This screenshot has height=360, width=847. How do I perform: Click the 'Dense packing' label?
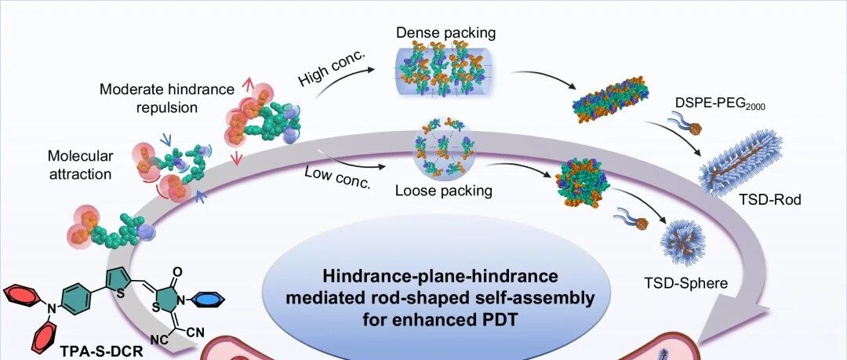(x=445, y=32)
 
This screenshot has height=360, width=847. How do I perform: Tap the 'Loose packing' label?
(x=443, y=191)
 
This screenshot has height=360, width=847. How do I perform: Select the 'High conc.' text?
(x=333, y=69)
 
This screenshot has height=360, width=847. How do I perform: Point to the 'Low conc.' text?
(x=339, y=178)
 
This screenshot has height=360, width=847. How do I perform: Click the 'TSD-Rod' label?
(x=771, y=200)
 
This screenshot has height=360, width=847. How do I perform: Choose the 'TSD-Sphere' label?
(x=686, y=283)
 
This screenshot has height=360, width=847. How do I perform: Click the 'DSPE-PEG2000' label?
(x=720, y=104)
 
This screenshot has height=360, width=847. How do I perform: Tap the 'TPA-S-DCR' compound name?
(x=109, y=352)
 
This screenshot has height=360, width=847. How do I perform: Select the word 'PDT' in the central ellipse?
(x=497, y=319)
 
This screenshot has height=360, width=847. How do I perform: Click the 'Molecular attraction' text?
(x=81, y=165)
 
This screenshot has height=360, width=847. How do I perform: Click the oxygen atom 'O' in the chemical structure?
(x=179, y=271)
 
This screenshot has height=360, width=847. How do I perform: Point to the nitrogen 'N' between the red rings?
(x=51, y=309)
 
